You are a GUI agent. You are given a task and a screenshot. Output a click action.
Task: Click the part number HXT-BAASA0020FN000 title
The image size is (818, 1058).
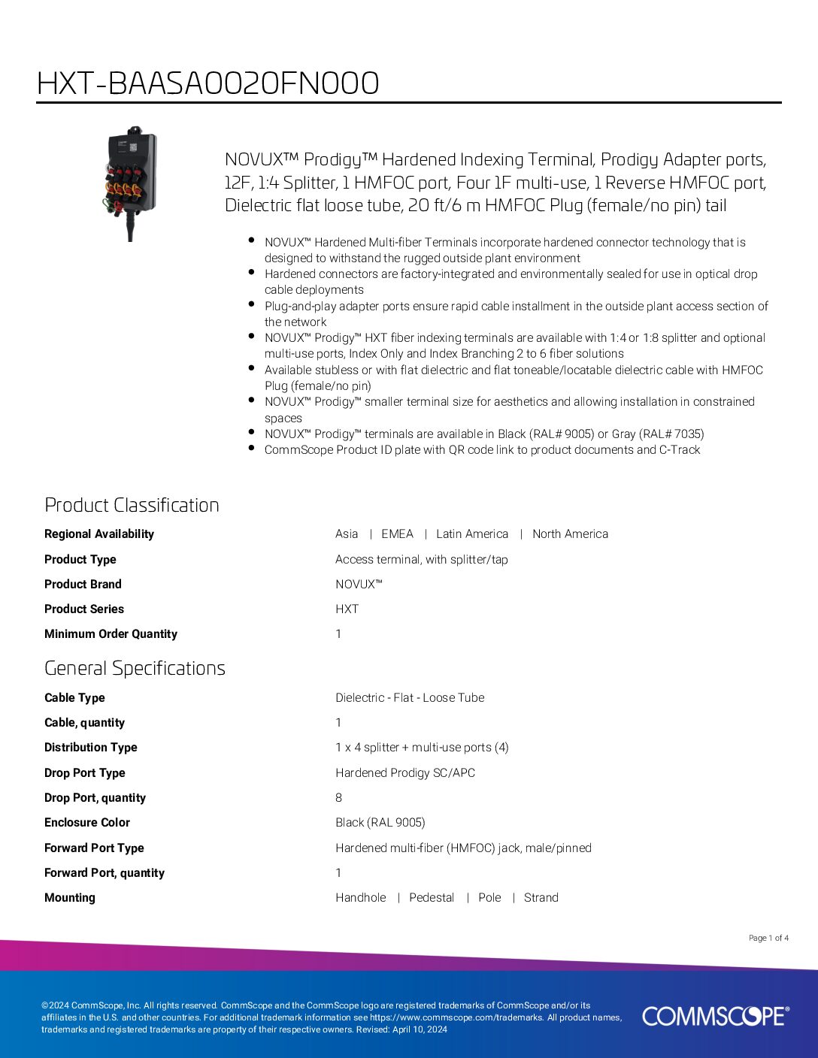pos(208,83)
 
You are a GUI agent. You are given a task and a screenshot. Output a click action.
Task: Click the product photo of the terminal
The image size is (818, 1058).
pos(131,182)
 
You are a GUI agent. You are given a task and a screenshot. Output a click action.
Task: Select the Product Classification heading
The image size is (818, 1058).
pos(132,505)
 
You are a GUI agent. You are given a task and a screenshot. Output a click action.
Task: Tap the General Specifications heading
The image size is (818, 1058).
pos(135,668)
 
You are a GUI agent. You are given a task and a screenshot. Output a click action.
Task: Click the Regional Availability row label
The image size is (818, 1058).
pos(99,534)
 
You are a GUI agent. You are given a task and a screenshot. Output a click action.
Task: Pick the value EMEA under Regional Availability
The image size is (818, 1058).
pos(397,534)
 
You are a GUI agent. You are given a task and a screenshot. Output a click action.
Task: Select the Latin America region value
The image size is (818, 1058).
pos(472,534)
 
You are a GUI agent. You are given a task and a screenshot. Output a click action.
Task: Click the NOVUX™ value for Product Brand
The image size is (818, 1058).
pos(359,585)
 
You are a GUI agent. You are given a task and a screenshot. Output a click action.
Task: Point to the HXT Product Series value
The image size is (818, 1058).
pos(347,609)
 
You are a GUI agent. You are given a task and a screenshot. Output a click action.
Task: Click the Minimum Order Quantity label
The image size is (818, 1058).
pos(111,634)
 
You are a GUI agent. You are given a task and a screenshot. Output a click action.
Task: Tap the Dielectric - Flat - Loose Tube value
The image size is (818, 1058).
pos(410,698)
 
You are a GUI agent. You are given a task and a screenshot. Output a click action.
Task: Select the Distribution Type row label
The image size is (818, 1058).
pos(91,748)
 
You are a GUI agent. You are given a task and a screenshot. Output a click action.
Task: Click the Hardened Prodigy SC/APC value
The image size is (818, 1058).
pos(405,773)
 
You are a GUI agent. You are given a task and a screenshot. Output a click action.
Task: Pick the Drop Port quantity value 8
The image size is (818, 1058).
pos(338,798)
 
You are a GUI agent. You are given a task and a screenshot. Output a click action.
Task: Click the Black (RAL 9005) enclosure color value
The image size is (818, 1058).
pos(380,823)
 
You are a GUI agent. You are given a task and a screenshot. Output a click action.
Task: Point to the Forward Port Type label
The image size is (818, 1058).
pos(94,848)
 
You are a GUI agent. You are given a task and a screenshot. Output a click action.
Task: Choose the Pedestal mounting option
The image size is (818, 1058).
pos(432,898)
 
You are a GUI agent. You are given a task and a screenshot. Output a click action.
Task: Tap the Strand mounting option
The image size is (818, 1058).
pos(541,898)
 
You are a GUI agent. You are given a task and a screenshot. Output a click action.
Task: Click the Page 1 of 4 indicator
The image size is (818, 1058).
pos(768,938)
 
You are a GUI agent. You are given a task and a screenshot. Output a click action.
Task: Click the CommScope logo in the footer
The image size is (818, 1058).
pos(715,1016)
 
